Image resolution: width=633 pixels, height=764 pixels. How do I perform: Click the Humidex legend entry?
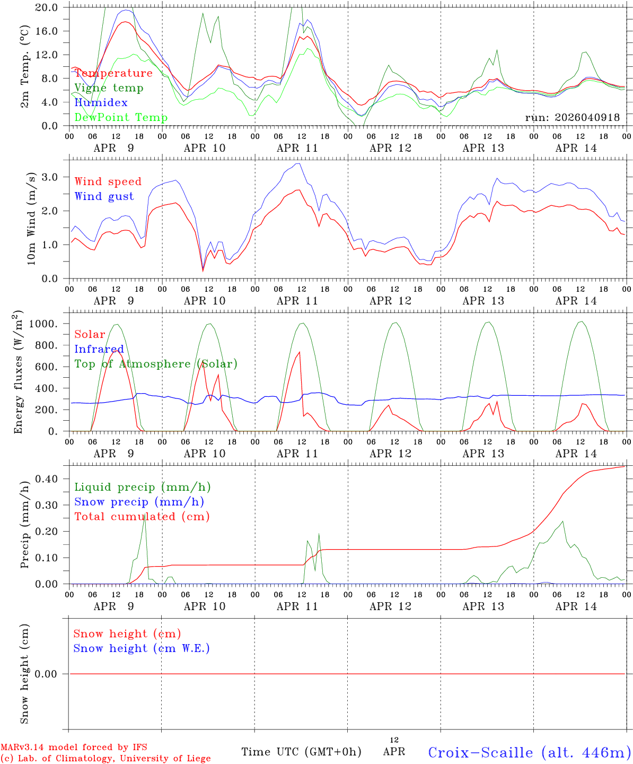(x=101, y=103)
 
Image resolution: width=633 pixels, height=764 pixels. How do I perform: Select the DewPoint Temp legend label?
(x=121, y=118)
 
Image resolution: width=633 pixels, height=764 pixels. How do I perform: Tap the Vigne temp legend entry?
(x=109, y=88)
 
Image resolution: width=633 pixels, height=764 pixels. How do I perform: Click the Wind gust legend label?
(x=104, y=196)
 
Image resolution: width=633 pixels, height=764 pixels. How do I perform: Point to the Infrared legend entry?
(x=99, y=349)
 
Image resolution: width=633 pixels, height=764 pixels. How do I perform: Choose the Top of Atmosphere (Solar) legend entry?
(x=156, y=364)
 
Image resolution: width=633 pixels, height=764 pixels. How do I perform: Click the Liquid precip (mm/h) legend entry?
(x=142, y=487)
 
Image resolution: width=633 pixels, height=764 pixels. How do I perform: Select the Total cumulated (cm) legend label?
(x=142, y=517)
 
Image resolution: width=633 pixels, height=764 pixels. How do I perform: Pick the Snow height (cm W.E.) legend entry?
(x=142, y=648)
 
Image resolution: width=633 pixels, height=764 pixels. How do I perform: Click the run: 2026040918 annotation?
(x=573, y=118)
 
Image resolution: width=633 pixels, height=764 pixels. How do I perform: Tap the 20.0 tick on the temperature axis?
(x=46, y=7)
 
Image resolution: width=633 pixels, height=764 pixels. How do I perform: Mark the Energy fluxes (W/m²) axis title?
(x=19, y=371)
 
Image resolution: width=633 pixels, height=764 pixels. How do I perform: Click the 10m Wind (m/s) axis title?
(x=31, y=219)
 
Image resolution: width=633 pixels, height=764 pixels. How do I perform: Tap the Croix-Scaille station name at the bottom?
(x=530, y=752)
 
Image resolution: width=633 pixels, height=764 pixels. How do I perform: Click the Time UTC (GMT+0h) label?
(x=302, y=752)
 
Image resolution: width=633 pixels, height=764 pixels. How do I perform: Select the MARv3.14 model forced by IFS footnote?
(x=74, y=747)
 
